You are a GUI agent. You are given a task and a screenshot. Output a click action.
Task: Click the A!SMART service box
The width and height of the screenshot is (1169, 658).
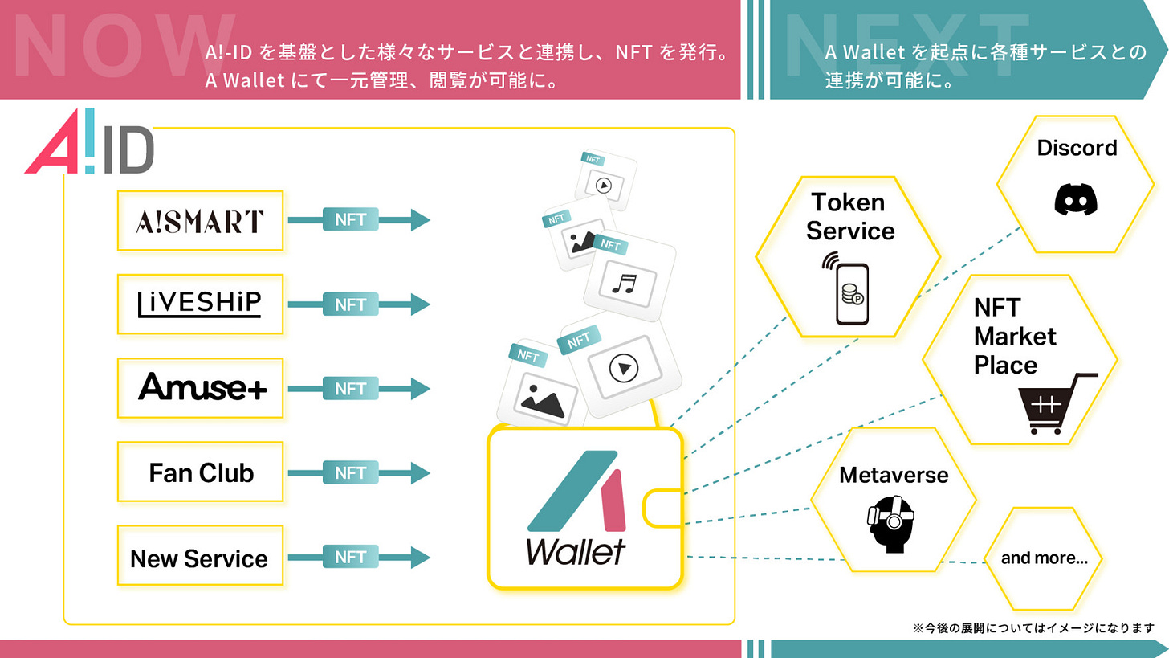tap(200, 221)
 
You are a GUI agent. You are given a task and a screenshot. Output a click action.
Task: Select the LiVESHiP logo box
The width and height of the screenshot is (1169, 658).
tap(200, 304)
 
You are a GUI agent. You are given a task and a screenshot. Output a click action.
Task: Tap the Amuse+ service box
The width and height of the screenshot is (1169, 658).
tap(200, 388)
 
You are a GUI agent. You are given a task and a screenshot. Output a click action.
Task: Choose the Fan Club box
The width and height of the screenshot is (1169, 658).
tap(200, 472)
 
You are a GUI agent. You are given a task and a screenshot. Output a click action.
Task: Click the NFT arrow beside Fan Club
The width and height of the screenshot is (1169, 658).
tap(358, 472)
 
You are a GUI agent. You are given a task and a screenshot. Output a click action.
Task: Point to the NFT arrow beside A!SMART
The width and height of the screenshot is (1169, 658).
tap(358, 219)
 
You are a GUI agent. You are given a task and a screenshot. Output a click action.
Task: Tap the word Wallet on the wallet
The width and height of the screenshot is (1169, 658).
tap(576, 551)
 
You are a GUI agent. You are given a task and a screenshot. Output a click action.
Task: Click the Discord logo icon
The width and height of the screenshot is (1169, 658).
tap(1076, 198)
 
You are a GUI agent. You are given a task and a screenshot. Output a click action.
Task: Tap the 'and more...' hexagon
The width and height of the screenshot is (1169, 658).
tap(1044, 558)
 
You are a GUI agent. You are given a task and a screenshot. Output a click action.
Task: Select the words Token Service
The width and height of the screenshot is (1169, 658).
tap(850, 216)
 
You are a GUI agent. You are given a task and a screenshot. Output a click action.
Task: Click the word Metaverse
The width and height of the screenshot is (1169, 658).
tap(894, 475)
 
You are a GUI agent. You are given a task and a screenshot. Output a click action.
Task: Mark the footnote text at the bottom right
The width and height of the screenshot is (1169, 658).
tap(1033, 627)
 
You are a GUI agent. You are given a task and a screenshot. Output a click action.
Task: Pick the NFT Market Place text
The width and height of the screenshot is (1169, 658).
tap(1014, 336)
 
